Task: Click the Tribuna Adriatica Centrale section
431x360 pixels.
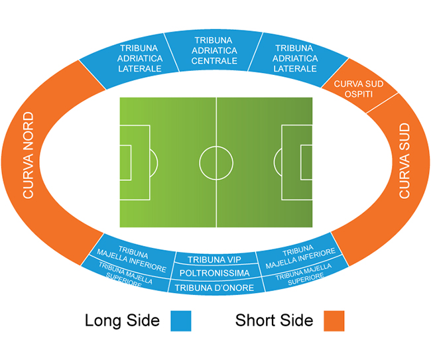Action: [x=214, y=50]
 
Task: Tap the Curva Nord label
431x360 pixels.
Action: [x=28, y=156]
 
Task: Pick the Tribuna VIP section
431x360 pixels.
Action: [x=214, y=259]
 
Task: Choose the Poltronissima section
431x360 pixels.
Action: [x=214, y=273]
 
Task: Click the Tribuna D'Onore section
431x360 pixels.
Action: [x=214, y=287]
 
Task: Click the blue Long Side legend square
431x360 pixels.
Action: [x=181, y=321]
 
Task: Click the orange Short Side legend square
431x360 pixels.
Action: [x=334, y=321]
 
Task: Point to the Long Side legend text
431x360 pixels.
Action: [x=122, y=321]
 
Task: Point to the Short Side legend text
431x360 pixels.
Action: [x=274, y=321]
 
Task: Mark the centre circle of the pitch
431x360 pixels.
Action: [x=216, y=162]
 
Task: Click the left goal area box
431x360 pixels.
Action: [x=125, y=162]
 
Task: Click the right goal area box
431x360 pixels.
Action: [x=306, y=162]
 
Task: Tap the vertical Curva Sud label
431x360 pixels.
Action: [x=404, y=161]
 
